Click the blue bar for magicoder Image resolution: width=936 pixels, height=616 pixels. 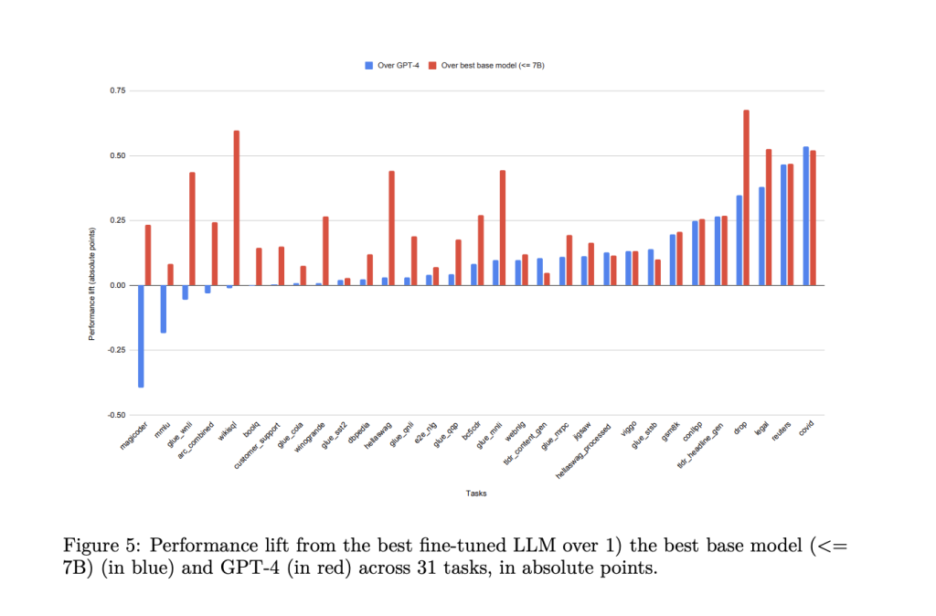[141, 335]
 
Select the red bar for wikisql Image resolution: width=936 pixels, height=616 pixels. [237, 207]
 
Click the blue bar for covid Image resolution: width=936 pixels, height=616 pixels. [805, 216]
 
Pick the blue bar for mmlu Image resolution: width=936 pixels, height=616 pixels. [163, 309]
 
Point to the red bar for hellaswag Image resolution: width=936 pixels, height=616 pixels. [391, 228]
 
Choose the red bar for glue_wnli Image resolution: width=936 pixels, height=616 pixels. [192, 228]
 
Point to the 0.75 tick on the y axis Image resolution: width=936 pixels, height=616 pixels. [118, 90]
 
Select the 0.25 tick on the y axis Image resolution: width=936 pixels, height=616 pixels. [118, 220]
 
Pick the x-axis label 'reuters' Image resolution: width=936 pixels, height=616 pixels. [782, 432]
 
